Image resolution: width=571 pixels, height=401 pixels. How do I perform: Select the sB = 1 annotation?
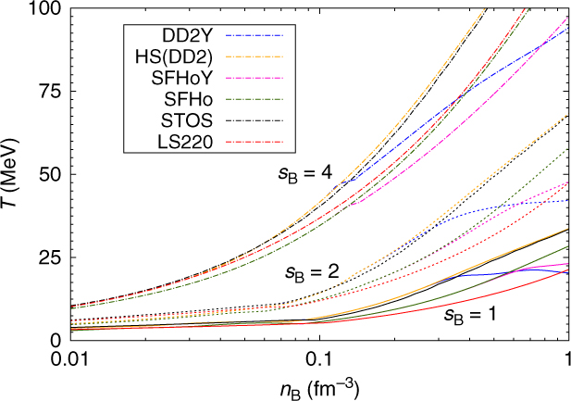467,315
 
